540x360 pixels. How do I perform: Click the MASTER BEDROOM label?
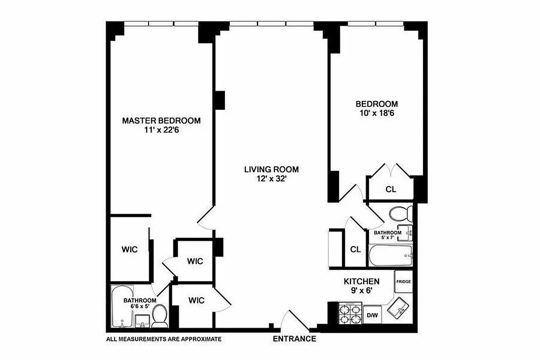161,121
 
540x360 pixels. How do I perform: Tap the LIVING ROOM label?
271,170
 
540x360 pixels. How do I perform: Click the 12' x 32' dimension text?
271,179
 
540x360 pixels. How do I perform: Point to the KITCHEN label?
361,281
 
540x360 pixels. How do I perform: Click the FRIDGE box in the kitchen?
403,282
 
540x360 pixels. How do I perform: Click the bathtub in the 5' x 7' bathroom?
390,256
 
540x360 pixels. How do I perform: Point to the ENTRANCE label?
294,339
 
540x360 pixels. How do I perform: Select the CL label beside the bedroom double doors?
391,189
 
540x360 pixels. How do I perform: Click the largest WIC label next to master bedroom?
129,249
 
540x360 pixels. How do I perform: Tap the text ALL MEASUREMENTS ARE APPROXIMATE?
164,339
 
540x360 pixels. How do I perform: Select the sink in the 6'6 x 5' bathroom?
143,321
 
